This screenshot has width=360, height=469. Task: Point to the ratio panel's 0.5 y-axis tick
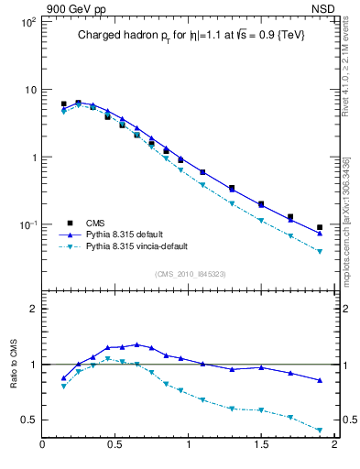[28, 420]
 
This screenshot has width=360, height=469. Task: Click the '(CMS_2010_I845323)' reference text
[189, 274]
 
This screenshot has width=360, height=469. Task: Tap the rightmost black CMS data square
[320, 227]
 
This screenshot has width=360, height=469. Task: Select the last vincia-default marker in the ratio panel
[320, 430]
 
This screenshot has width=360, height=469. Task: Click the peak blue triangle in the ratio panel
[136, 344]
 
